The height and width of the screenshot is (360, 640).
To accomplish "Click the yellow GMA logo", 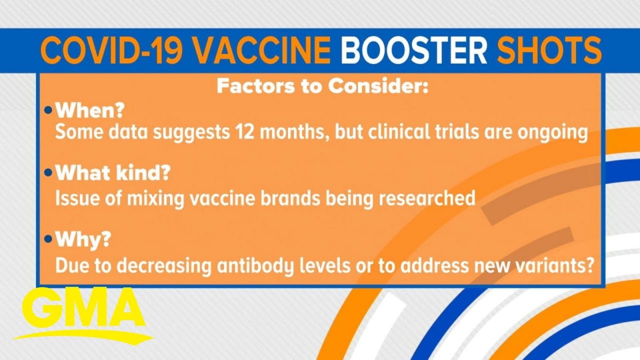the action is pos(83,314).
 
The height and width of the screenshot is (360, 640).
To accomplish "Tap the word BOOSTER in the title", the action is pos(414,50).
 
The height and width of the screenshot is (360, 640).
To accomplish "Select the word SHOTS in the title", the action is pos(549,50).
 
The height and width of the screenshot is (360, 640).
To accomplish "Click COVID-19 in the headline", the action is pos(111,50).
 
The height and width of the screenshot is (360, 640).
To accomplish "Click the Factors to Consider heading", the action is pos(322,86).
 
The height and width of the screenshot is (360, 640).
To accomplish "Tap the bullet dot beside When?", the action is pos(48,110).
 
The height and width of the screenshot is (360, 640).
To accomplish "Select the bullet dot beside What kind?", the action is pos(48,172).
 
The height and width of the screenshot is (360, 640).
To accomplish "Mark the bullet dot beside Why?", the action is pos(48,239).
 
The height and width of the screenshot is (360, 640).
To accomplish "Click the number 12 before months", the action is pos(244,132).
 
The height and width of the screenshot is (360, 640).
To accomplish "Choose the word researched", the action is pos(427,197).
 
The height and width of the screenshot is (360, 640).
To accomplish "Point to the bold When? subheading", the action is pos(90,110).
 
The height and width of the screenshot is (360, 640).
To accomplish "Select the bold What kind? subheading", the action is pos(113,172).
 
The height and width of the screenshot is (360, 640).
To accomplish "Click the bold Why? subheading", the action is pos(83,239).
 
